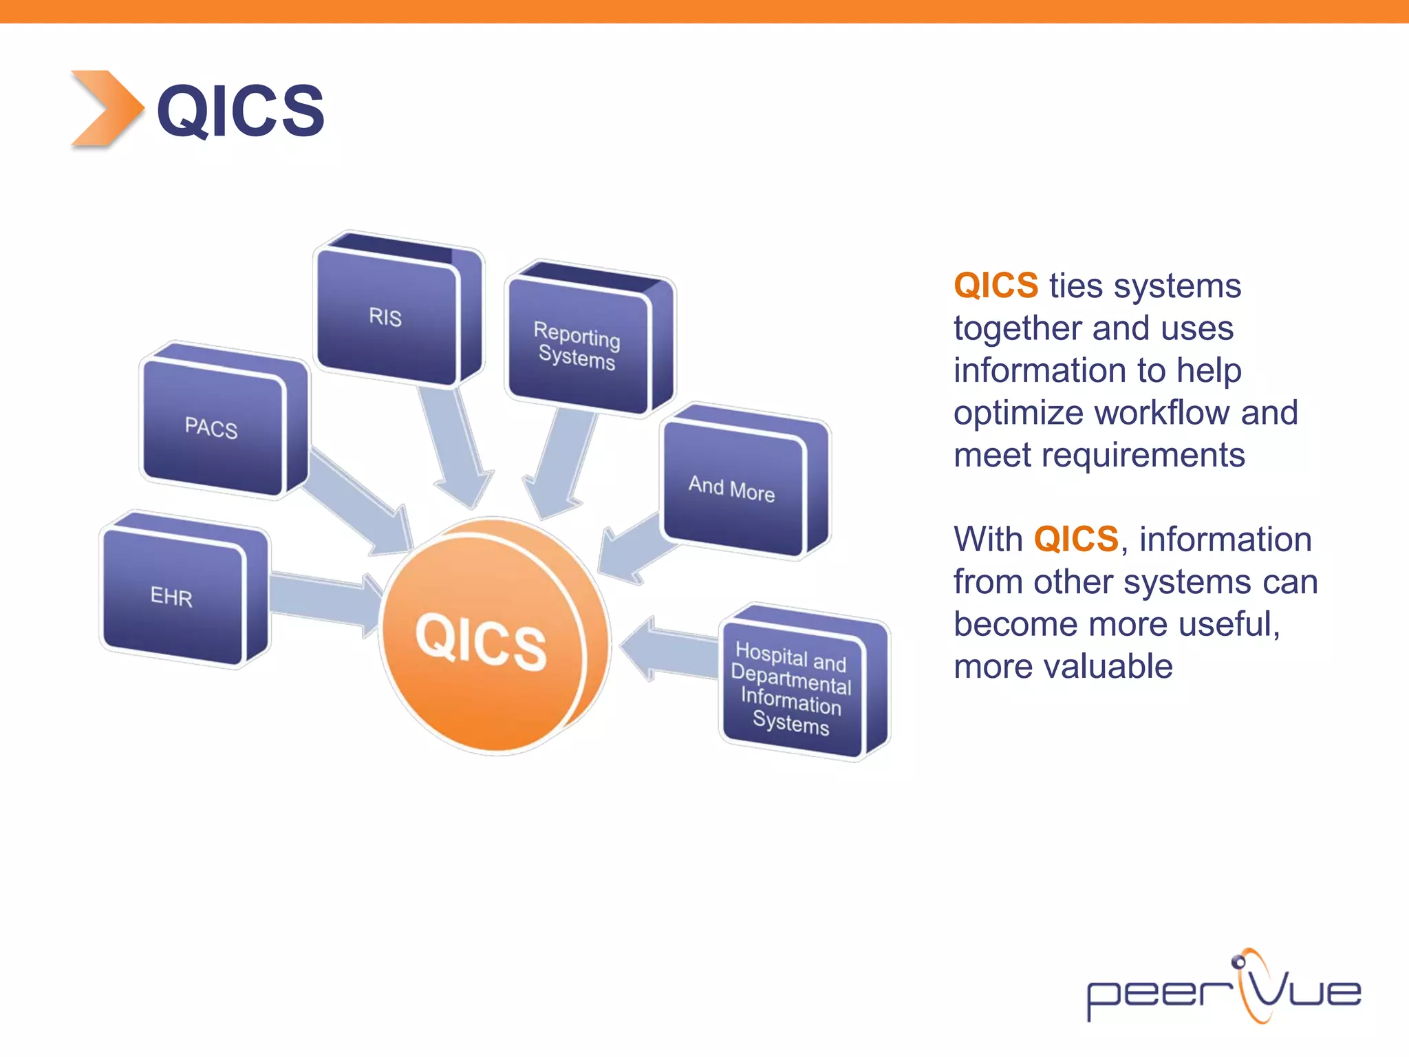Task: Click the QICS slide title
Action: click(240, 110)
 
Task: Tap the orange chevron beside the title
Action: click(107, 109)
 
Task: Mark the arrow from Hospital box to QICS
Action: click(671, 650)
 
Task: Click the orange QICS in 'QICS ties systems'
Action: click(996, 286)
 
